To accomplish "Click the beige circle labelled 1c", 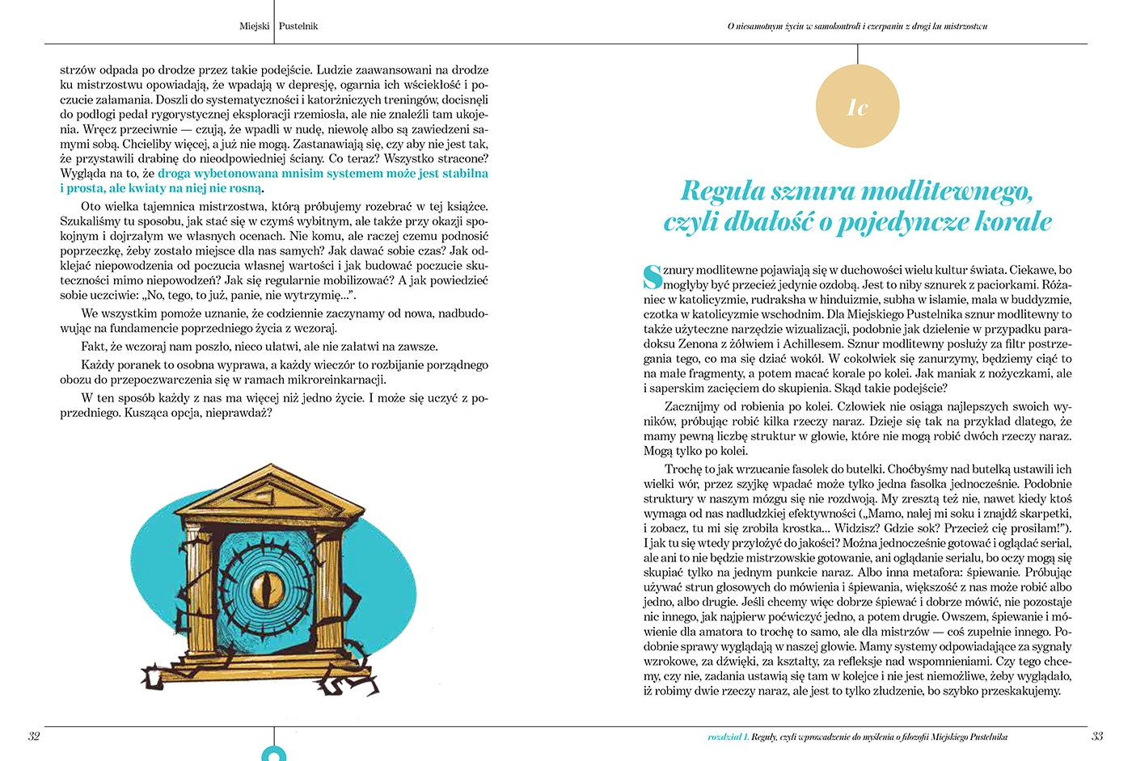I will tap(857, 107).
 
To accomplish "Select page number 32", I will tap(34, 736).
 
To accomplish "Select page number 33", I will tap(1097, 736).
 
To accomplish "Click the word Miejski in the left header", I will tap(255, 26).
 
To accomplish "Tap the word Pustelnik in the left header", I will tap(298, 26).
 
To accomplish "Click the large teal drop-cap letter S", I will tap(653, 276).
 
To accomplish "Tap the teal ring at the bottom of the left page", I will tap(274, 755).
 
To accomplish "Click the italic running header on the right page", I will tap(857, 27).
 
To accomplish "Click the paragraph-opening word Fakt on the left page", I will tap(94, 347).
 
